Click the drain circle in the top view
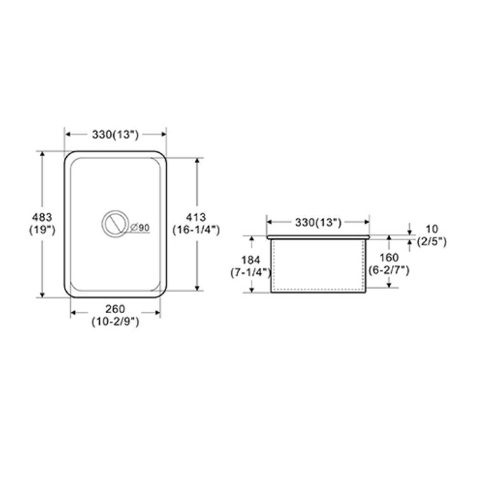[x=115, y=223]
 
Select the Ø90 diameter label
[x=139, y=227]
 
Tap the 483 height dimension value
[x=42, y=217]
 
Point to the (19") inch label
[x=42, y=230]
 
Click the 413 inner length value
[x=196, y=217]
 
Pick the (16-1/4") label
[x=196, y=230]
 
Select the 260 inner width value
[x=115, y=309]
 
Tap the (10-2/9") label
[x=115, y=322]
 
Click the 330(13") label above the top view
[x=115, y=135]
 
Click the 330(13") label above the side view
[x=318, y=222]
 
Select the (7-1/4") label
[x=251, y=272]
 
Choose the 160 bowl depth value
[x=388, y=258]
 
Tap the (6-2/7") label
[x=388, y=270]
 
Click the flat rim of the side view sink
[x=318, y=237]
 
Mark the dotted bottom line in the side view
[x=318, y=289]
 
